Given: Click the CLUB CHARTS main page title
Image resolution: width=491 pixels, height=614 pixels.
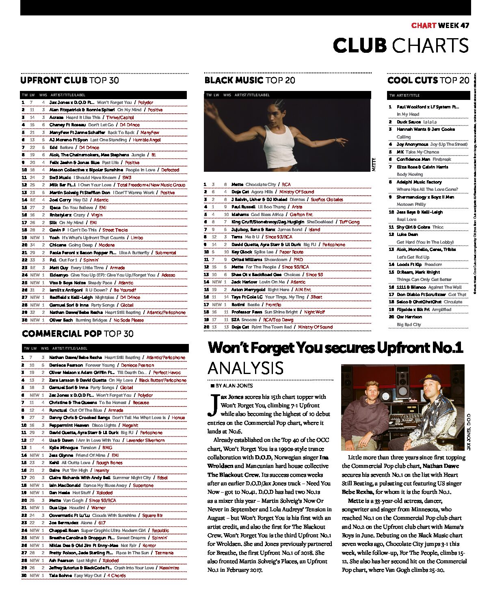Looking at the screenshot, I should pos(400,45).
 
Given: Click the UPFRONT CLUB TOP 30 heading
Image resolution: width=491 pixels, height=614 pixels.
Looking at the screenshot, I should pos(69,80).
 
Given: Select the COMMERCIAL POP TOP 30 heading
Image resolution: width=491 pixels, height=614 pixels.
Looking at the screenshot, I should pos(78,334).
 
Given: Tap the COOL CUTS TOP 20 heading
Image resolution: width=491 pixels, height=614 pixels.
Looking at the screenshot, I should pos(428,80).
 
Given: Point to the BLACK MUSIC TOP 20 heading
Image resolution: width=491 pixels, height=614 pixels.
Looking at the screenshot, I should pos(249,80).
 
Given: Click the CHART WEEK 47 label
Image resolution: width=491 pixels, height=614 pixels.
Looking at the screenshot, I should pos(440,25).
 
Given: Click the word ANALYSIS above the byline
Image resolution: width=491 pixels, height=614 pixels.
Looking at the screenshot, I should pos(245,368).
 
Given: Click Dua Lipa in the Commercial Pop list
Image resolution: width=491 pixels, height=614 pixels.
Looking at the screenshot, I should pos(58,508).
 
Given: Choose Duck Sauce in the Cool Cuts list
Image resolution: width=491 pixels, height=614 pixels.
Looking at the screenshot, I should pos(409,122).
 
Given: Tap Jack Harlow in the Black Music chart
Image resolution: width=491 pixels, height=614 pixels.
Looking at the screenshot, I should pos(244,282).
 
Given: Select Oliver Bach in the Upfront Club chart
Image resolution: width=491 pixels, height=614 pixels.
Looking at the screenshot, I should pos(61,320).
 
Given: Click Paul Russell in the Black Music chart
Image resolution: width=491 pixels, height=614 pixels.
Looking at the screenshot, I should pos(243,207).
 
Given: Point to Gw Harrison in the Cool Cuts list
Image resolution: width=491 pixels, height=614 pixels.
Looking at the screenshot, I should pos(409,317).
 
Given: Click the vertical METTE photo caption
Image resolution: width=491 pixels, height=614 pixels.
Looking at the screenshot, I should pos(374,164).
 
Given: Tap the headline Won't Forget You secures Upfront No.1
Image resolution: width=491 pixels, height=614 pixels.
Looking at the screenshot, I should pos(335,348).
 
